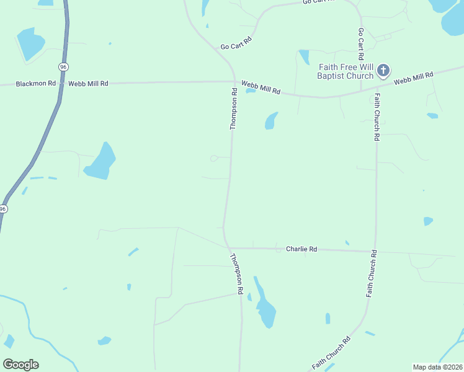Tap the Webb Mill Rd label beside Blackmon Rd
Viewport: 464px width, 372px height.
point(88,83)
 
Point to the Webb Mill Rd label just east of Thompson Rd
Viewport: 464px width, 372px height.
point(261,87)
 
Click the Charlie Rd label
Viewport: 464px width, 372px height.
point(301,249)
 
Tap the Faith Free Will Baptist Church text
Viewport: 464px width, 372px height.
point(346,71)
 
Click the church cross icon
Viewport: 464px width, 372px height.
point(383,71)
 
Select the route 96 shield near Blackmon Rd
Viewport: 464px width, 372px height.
point(63,66)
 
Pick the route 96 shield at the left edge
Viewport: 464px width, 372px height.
point(3,210)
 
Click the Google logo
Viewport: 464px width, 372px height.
point(21,365)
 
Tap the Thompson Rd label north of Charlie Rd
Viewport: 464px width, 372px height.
point(234,109)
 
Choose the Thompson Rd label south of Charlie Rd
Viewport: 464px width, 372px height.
point(236,273)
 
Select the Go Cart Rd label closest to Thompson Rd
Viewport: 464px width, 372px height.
point(236,43)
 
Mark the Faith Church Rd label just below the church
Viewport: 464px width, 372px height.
point(377,117)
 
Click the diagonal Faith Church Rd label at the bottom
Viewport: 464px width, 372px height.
point(331,353)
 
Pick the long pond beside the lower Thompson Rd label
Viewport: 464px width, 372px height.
point(265,307)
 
